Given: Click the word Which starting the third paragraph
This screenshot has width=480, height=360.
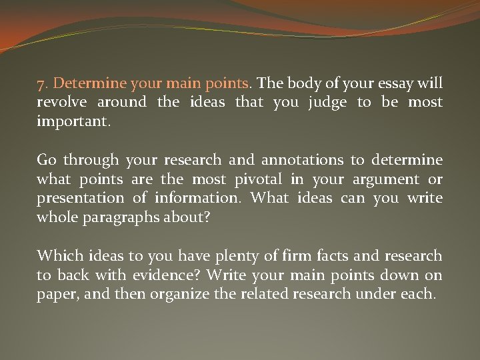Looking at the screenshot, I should [x=56, y=255].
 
